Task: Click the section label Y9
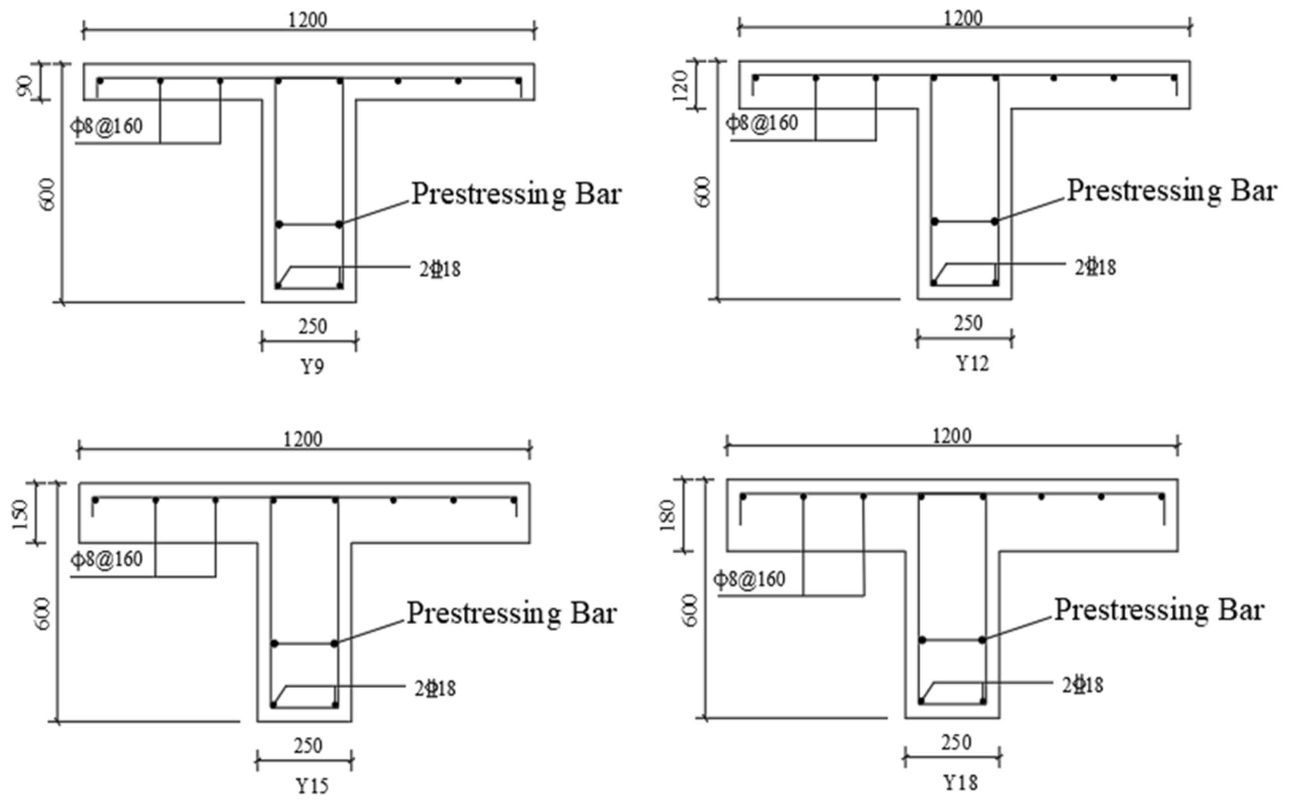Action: pyautogui.click(x=312, y=366)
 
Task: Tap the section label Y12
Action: pyautogui.click(x=973, y=364)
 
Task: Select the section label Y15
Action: pyautogui.click(x=312, y=786)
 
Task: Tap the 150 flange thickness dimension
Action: pyautogui.click(x=20, y=515)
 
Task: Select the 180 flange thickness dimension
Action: pyautogui.click(x=668, y=516)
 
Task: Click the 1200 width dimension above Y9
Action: pyautogui.click(x=307, y=20)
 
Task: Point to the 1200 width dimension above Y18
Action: pyautogui.click(x=951, y=436)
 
